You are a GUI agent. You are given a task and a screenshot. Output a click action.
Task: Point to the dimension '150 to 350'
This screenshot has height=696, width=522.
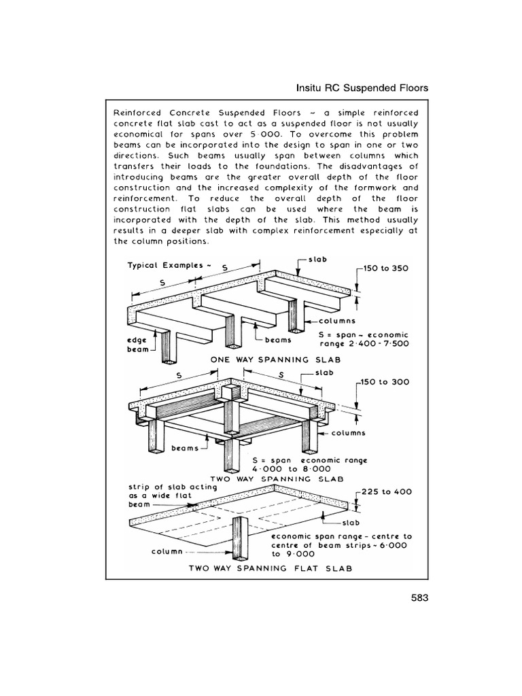[x=386, y=268]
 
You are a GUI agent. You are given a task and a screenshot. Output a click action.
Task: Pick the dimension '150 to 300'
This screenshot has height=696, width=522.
[x=385, y=382]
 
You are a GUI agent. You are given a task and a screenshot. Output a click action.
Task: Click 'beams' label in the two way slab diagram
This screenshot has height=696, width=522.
[x=185, y=449]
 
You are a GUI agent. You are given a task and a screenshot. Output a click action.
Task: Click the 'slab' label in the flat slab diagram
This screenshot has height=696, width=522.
[x=352, y=523]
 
